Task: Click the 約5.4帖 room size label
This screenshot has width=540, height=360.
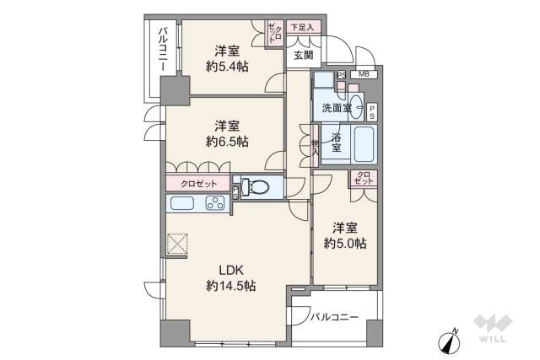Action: point(225,66)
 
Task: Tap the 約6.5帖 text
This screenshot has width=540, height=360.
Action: point(226,142)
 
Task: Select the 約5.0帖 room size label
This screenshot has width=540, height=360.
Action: point(344,244)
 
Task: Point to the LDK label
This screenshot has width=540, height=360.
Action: point(231,270)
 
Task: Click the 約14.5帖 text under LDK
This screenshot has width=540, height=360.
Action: point(231,286)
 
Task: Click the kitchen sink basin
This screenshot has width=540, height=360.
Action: point(184,203)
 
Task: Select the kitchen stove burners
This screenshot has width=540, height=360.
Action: point(215,203)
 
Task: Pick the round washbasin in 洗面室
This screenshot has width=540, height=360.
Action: point(356,107)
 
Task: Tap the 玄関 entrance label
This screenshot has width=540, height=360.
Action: point(303,56)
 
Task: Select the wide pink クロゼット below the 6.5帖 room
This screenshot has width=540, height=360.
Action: point(197,184)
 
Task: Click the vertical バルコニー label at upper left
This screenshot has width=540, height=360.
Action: point(160,53)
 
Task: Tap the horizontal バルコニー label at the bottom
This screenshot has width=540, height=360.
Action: point(333,318)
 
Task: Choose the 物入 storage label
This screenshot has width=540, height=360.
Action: point(315,148)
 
